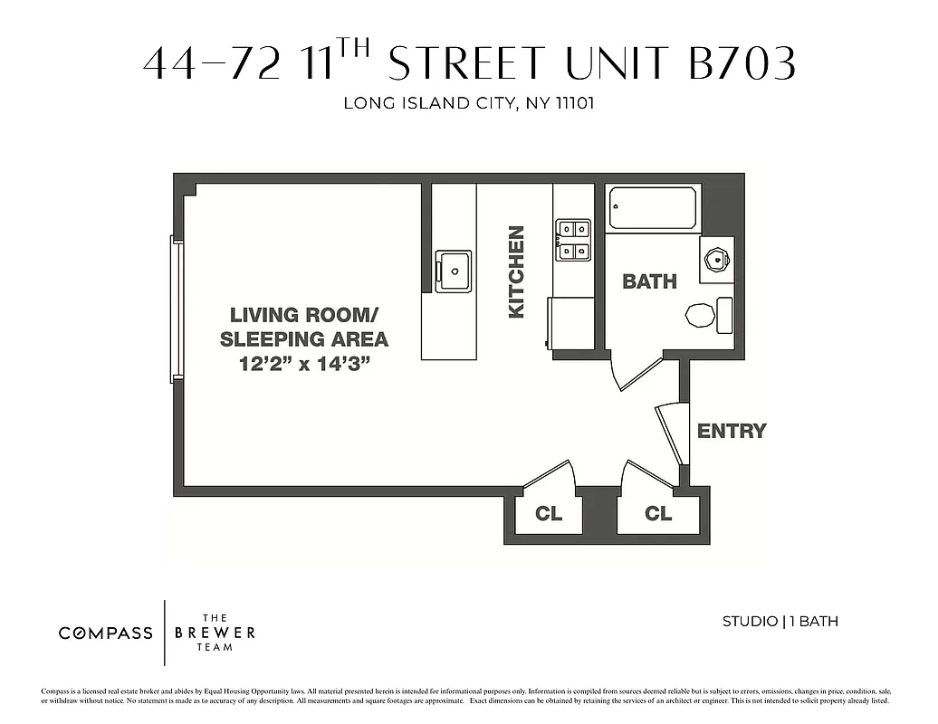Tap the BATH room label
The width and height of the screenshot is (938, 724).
click(x=649, y=281)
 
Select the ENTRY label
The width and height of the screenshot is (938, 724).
click(x=732, y=432)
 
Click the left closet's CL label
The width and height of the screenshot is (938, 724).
click(x=549, y=514)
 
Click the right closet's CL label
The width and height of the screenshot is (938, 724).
click(x=658, y=514)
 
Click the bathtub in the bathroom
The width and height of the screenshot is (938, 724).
click(x=653, y=208)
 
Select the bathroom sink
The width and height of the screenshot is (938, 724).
click(x=716, y=259)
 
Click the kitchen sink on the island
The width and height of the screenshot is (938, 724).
click(x=453, y=271)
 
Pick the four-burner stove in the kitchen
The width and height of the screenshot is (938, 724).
click(x=573, y=240)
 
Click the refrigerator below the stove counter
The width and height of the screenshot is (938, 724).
click(x=571, y=323)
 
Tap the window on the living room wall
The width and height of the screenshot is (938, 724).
click(x=177, y=309)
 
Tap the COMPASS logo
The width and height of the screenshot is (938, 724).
click(x=106, y=633)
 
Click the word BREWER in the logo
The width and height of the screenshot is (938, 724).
click(x=215, y=633)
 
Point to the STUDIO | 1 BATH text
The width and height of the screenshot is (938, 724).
click(x=780, y=621)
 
